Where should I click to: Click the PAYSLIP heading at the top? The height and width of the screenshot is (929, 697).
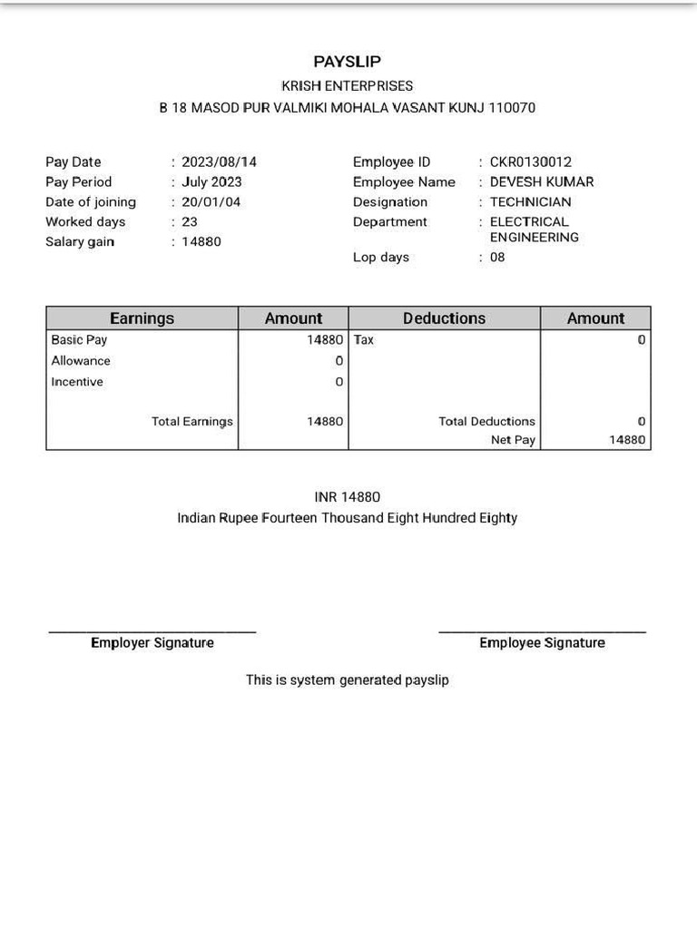point(348,62)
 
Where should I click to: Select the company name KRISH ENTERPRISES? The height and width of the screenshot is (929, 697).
point(348,86)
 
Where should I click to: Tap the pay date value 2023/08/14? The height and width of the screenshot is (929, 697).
point(219,162)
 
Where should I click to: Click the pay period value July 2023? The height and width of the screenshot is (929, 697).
point(211,182)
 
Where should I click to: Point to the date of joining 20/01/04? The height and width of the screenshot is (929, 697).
point(211,202)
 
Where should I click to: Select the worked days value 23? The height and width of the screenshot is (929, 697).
point(190,222)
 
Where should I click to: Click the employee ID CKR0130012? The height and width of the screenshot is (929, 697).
point(531,162)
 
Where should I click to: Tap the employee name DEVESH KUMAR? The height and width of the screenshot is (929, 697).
point(542,182)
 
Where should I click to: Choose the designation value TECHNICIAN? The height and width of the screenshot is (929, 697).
point(531,202)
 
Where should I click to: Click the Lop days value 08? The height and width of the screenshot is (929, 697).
point(497,258)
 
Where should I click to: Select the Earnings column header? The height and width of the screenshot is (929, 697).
point(142,318)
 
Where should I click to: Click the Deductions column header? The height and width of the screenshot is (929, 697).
point(444,318)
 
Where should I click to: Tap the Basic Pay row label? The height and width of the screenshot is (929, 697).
point(79,340)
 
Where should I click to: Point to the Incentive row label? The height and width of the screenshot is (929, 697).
point(77,382)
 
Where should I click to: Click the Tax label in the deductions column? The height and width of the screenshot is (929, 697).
point(364,340)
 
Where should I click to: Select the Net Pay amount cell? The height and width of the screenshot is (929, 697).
point(627,440)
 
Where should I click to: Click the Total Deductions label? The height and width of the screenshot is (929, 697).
point(486,422)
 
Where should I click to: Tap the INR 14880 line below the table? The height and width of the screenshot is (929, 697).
point(348,497)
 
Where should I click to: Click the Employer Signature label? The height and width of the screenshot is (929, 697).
point(152,643)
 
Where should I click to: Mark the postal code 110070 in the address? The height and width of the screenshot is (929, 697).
point(512,108)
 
